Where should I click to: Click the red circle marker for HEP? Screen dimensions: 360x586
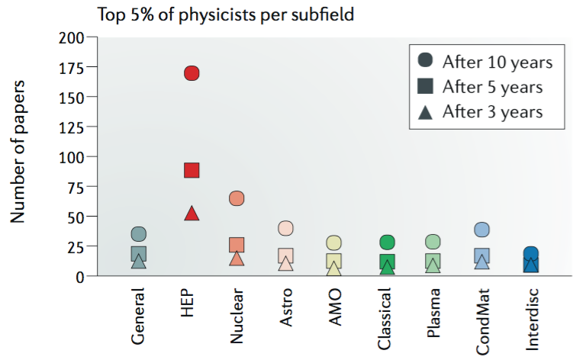click(192, 73)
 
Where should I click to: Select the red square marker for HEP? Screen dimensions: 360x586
click(192, 170)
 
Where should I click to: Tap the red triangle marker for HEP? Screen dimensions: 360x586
click(192, 214)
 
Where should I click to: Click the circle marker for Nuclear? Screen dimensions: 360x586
click(237, 198)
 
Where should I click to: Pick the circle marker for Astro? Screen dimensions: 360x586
click(286, 228)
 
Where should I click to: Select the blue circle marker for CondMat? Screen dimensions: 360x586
click(481, 230)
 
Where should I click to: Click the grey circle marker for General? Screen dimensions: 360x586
click(138, 234)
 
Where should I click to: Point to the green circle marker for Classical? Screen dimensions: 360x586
click(387, 243)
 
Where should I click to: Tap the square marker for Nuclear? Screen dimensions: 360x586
click(237, 245)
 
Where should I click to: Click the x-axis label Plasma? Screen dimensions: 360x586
click(433, 313)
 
